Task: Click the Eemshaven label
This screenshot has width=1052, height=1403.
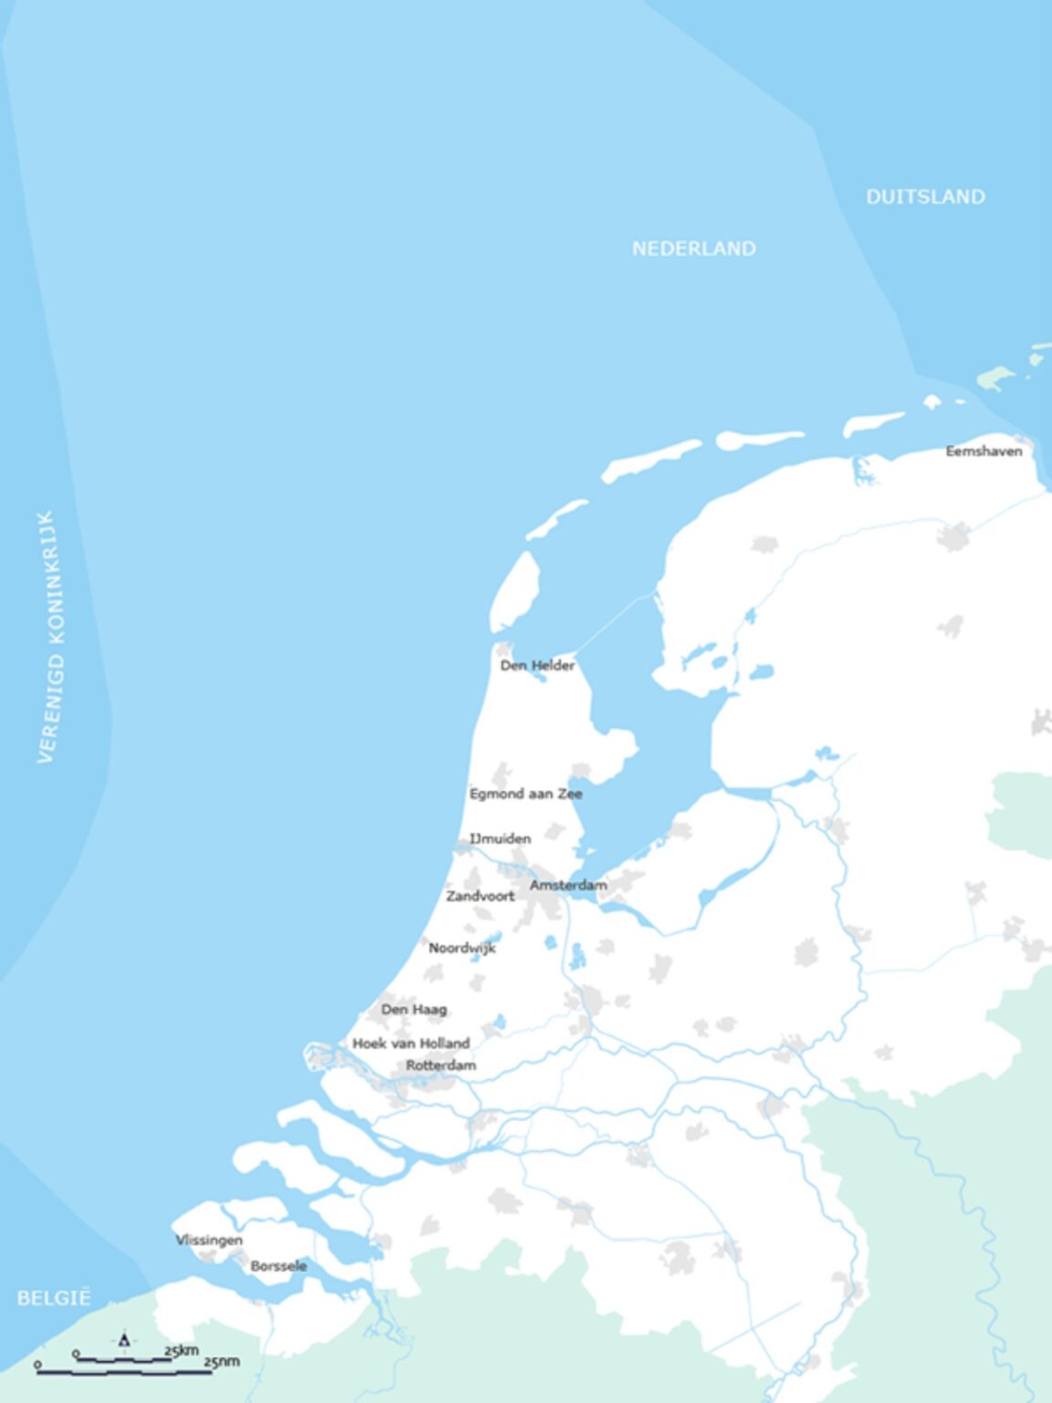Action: pyautogui.click(x=984, y=451)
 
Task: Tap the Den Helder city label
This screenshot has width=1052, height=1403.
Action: pyautogui.click(x=537, y=666)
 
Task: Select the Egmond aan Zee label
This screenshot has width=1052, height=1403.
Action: pyautogui.click(x=525, y=794)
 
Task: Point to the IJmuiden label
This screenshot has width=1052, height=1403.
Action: pyautogui.click(x=500, y=839)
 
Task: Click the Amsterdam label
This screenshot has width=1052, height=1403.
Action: pyautogui.click(x=568, y=885)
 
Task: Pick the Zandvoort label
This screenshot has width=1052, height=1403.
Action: pyautogui.click(x=479, y=896)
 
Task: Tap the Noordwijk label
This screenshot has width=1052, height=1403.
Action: pyautogui.click(x=462, y=948)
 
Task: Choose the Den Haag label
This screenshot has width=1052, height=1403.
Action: pyautogui.click(x=414, y=1009)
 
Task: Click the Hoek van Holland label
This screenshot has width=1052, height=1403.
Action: pyautogui.click(x=411, y=1043)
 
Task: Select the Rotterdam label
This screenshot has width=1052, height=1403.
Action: pyautogui.click(x=440, y=1065)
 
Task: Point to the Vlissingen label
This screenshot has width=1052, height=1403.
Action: pyautogui.click(x=209, y=1240)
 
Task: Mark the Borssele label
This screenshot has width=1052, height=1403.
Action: pyautogui.click(x=279, y=1266)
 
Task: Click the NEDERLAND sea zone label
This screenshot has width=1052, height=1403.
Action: pyautogui.click(x=694, y=248)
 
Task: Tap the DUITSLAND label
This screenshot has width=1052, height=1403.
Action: pyautogui.click(x=925, y=196)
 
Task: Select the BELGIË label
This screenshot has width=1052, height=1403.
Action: pyautogui.click(x=54, y=1298)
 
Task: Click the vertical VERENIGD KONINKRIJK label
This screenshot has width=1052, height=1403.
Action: pyautogui.click(x=47, y=637)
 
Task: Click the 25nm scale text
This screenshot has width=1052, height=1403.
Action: pyautogui.click(x=221, y=1362)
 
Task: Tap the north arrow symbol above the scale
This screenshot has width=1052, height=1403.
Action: pyautogui.click(x=124, y=1340)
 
